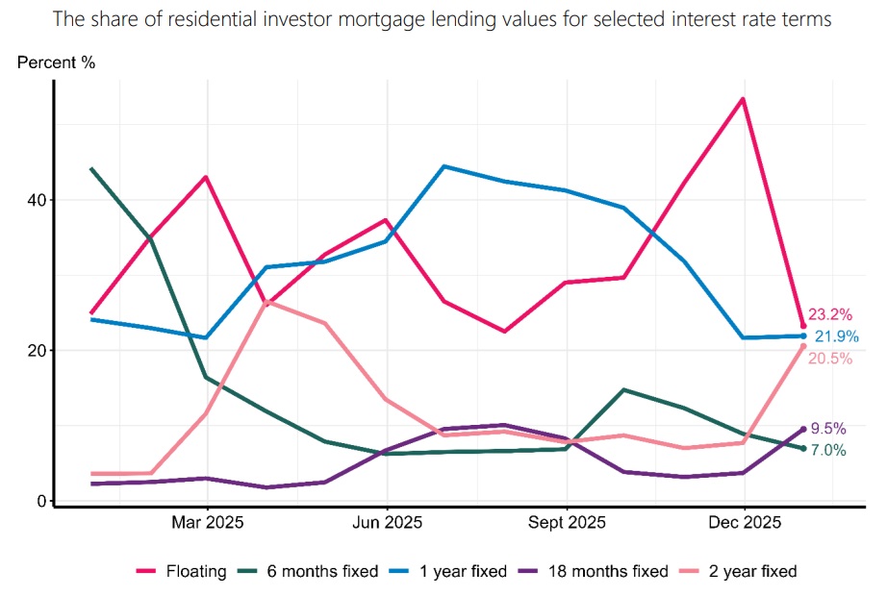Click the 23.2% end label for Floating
pos(830,314)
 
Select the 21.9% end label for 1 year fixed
pos(836,336)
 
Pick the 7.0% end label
pos(826,451)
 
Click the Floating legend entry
pos(182,571)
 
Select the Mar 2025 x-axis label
pos(207,524)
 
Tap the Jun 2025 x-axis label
pos(387,524)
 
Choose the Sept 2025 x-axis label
pos(567,524)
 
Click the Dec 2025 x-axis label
pos(744,524)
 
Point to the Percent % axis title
pos(57,63)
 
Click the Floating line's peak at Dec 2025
pos(743,98)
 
